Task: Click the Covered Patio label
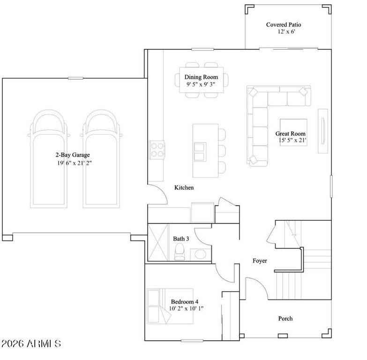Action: [x=284, y=24]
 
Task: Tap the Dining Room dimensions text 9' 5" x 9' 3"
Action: [x=201, y=84]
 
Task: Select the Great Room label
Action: [x=291, y=134]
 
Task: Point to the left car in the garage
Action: [x=46, y=159]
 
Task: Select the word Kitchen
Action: [x=184, y=187]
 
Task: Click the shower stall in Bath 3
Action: [x=158, y=242]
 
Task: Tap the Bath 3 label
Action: [x=181, y=239]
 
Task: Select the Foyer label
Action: [x=260, y=261]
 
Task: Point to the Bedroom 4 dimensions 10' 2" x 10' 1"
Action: [x=187, y=308]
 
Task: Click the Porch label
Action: [x=285, y=318]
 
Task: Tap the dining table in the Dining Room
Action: [x=202, y=80]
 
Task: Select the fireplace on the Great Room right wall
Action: [x=323, y=131]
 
